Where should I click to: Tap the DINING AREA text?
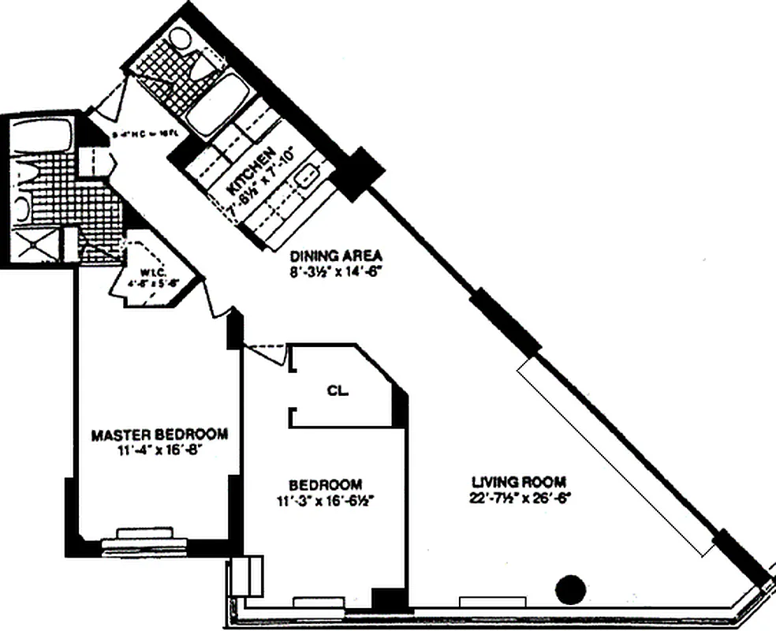[336, 256]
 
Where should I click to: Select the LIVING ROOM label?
[519, 482]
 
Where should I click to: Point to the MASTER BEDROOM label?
[160, 435]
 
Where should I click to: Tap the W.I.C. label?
[151, 272]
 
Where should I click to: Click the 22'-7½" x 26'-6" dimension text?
[519, 498]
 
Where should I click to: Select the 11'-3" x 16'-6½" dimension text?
[325, 499]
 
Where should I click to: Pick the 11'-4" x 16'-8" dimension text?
[160, 450]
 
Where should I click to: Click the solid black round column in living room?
[570, 588]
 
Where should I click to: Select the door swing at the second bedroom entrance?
[268, 353]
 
